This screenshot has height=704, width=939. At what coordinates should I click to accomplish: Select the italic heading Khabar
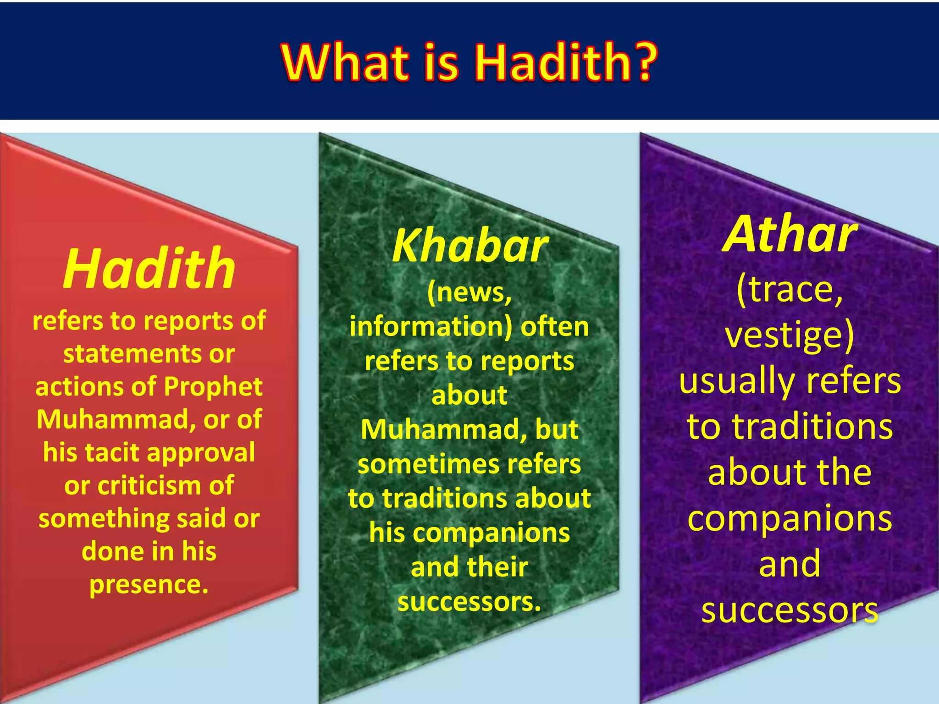(x=469, y=247)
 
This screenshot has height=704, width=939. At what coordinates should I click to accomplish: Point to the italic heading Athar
(x=790, y=235)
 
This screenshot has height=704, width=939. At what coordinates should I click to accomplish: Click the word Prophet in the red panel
(x=213, y=386)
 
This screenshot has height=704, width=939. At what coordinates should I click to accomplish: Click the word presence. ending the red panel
(x=149, y=585)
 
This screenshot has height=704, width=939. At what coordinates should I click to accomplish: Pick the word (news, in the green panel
(x=469, y=292)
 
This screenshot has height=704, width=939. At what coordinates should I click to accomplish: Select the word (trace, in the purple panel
(x=790, y=291)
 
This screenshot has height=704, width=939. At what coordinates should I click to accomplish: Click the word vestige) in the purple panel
(x=790, y=335)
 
